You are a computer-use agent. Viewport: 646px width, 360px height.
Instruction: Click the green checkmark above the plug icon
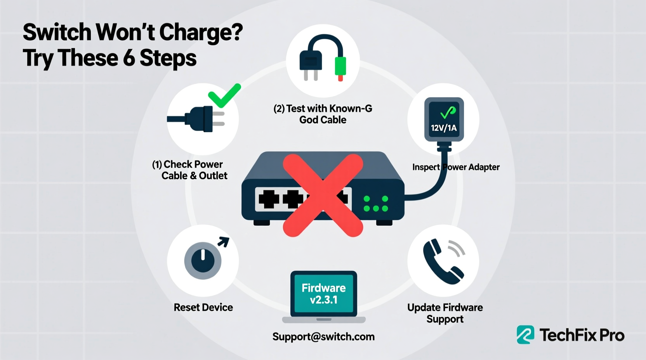click(224, 95)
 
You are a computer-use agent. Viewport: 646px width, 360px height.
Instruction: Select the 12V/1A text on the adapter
click(444, 128)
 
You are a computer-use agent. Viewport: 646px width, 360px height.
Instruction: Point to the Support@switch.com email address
click(323, 337)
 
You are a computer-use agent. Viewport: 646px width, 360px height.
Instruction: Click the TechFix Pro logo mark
click(525, 335)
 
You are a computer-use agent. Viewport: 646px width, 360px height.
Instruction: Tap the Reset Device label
click(203, 308)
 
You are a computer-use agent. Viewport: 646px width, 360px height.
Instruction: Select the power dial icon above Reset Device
click(203, 261)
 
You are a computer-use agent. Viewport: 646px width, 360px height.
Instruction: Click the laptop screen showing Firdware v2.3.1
click(324, 294)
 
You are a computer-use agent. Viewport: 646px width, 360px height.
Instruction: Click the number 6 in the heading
click(129, 58)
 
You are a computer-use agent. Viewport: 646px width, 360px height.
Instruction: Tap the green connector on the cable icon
click(340, 66)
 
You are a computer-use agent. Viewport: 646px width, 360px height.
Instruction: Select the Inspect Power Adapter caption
click(456, 167)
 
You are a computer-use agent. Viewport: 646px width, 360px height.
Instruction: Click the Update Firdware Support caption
click(445, 313)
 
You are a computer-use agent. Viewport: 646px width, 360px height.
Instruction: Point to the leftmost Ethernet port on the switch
click(269, 199)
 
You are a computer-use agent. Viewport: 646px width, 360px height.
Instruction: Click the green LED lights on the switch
click(375, 204)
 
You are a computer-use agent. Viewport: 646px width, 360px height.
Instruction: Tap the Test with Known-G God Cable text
click(323, 114)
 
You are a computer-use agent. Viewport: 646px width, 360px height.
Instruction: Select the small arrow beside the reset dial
click(224, 242)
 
